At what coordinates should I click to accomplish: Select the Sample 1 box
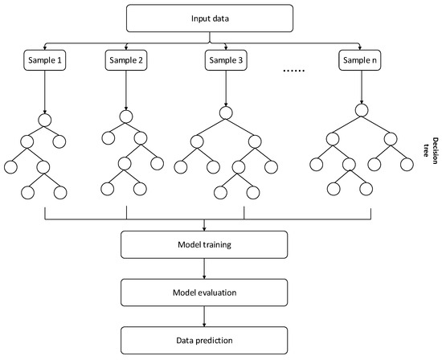click(x=42, y=59)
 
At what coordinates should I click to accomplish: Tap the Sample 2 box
click(x=125, y=59)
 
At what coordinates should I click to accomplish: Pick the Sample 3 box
click(x=227, y=59)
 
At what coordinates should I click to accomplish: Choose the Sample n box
click(x=361, y=59)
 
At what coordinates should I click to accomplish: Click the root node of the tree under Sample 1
click(x=42, y=121)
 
